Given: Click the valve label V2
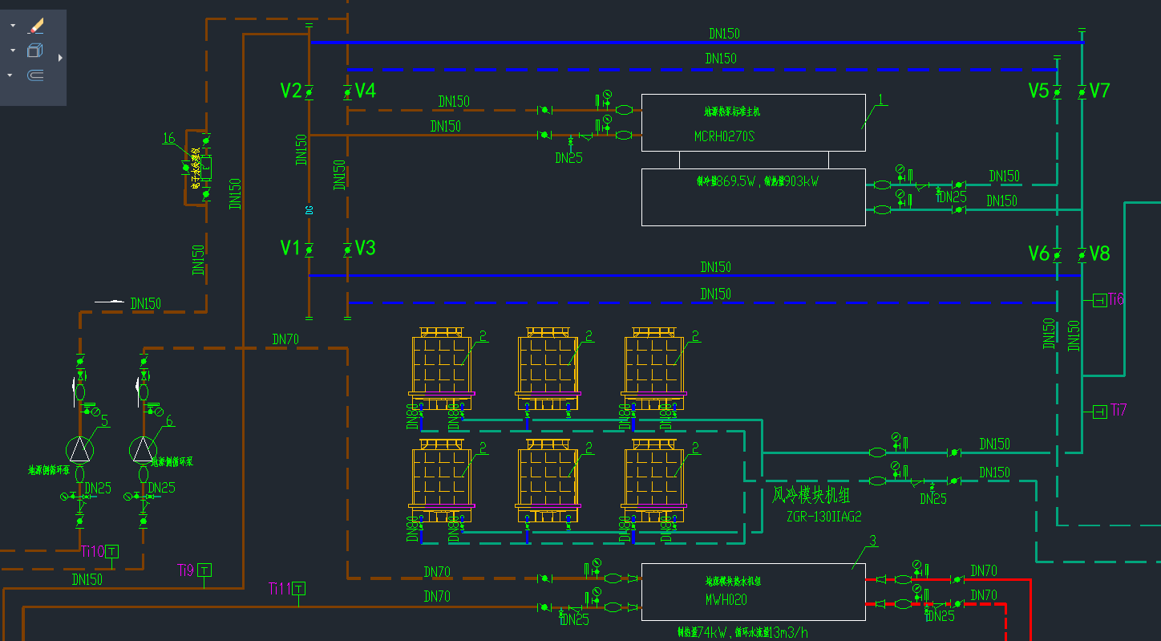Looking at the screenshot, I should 291,91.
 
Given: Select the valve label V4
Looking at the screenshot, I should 366,91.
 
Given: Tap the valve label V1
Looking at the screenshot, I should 290,248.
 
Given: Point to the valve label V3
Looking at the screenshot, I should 366,248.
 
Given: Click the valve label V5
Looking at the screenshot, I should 1038,91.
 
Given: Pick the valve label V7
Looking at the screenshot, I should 1100,91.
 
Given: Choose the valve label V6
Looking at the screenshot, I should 1038,254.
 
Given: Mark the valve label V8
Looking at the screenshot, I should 1100,254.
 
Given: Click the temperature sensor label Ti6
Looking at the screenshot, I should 1117,299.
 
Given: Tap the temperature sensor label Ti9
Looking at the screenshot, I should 186,570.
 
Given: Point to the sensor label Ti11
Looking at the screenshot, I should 280,589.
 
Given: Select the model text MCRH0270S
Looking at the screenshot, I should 724,136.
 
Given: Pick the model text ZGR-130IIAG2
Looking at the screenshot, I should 824,517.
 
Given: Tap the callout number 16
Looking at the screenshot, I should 168,138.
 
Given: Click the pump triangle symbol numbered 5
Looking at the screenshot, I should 79,449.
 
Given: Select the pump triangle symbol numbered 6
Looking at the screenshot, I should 143,449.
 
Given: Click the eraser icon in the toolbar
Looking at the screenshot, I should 36,26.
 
